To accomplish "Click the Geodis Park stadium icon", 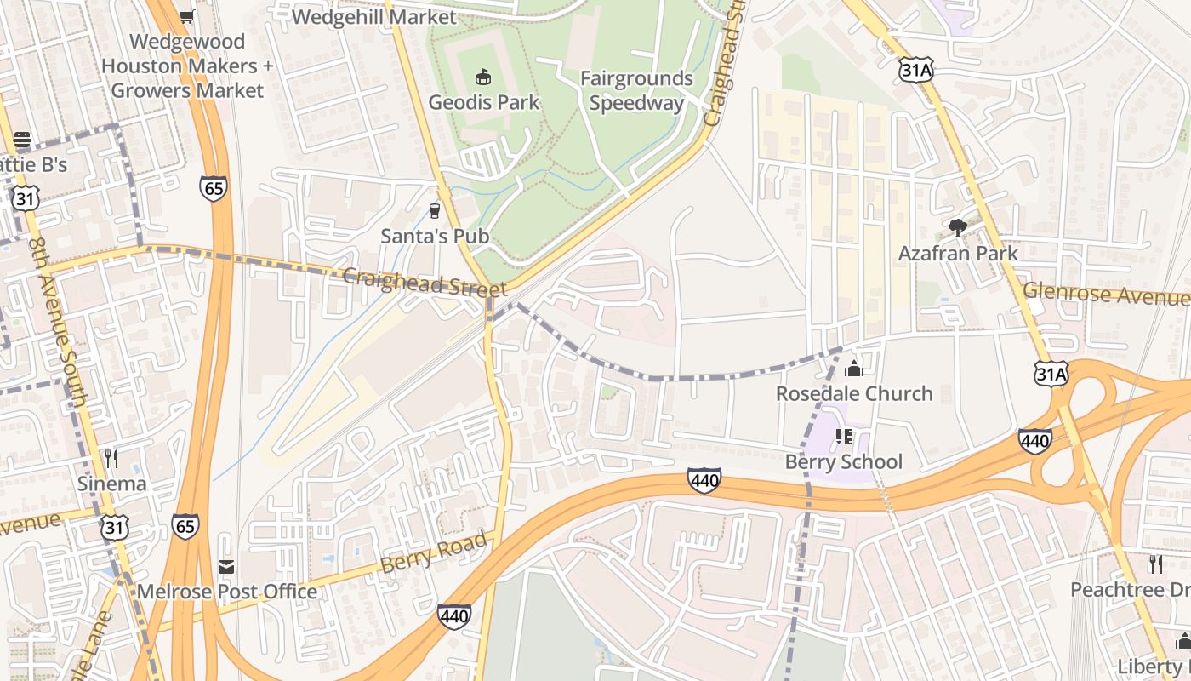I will (483, 77).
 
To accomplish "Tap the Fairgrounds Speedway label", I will (636, 91).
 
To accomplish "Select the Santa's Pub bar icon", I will (436, 210).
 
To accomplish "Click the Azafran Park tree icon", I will (958, 228).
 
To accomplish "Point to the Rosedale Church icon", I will (853, 369).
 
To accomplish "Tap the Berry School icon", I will (844, 437).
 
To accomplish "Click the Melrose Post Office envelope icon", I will (226, 566).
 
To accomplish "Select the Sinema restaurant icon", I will (111, 459).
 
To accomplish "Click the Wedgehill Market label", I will (373, 16).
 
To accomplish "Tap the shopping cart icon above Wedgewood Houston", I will (187, 16).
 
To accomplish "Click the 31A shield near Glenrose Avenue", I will (1051, 374).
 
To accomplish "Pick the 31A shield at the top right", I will (915, 70).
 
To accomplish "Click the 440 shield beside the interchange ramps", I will (1034, 440).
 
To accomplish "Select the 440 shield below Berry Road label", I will (454, 616).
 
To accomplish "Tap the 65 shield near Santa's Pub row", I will (214, 188).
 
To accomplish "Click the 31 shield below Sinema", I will (115, 528).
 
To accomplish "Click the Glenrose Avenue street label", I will (1106, 294).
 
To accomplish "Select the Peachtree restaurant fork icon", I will (1155, 564).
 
